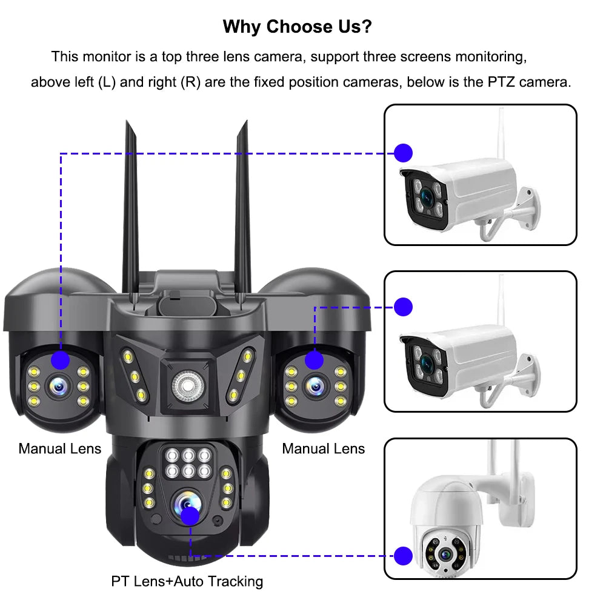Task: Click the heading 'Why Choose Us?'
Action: pyautogui.click(x=297, y=27)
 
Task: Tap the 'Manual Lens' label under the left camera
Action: pyautogui.click(x=60, y=448)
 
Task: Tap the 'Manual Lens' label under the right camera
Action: pyautogui.click(x=324, y=448)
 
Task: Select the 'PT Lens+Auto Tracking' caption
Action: pyautogui.click(x=187, y=581)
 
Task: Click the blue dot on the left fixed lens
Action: pyautogui.click(x=60, y=361)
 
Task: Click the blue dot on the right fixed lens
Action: pyautogui.click(x=314, y=361)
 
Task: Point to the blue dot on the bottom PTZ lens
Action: pyautogui.click(x=190, y=516)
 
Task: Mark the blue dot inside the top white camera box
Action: pyautogui.click(x=403, y=153)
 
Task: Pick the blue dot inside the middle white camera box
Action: pyautogui.click(x=403, y=307)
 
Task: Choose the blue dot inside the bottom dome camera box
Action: pyautogui.click(x=403, y=555)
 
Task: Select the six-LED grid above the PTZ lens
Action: pyautogui.click(x=187, y=464)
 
